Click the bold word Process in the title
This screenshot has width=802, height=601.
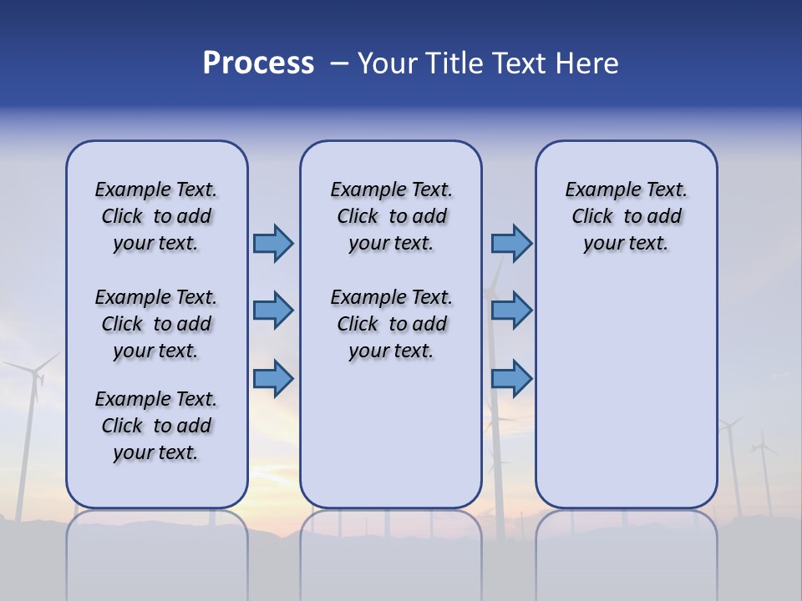click(258, 63)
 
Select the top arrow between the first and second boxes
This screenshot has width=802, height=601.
click(273, 243)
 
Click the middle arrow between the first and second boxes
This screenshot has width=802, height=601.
click(273, 311)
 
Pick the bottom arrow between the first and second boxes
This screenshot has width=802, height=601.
click(273, 378)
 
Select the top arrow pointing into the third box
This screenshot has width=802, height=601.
click(511, 243)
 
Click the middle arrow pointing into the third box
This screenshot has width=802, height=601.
click(511, 311)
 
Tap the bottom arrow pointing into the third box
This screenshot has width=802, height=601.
click(511, 378)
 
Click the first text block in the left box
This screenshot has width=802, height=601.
click(156, 216)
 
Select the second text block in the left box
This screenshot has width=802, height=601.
click(156, 324)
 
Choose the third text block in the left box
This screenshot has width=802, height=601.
click(156, 426)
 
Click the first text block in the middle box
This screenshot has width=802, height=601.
click(391, 216)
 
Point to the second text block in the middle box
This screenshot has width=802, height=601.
click(391, 324)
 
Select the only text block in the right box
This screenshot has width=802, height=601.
click(626, 216)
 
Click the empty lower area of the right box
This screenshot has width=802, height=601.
click(626, 401)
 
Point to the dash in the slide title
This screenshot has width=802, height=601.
click(339, 64)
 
